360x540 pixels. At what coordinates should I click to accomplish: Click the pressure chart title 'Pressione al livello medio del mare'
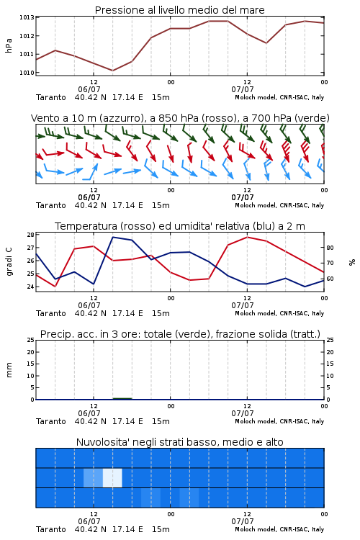click(179, 10)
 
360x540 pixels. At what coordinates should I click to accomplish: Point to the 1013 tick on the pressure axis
click(26, 17)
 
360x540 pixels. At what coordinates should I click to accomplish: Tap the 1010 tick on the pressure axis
click(26, 73)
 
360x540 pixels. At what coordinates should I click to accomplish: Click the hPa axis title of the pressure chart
click(9, 45)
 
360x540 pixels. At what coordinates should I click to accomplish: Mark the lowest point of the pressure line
click(112, 71)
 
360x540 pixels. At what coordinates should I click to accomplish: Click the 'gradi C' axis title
click(9, 262)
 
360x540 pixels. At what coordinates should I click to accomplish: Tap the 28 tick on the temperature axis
click(30, 235)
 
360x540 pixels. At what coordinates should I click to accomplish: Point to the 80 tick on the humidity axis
click(330, 248)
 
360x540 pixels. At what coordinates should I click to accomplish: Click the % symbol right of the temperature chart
click(352, 262)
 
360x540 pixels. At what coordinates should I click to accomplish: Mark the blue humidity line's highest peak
click(113, 237)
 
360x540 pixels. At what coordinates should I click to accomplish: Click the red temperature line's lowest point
click(55, 286)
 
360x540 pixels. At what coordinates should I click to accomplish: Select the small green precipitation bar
click(122, 398)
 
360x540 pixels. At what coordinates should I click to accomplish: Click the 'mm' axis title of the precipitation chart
click(9, 370)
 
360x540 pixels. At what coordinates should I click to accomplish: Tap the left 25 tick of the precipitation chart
click(30, 340)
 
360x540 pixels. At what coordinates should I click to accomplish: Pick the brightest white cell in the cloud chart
click(112, 477)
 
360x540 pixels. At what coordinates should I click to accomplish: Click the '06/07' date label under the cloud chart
click(89, 521)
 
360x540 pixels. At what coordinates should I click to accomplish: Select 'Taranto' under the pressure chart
click(51, 97)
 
